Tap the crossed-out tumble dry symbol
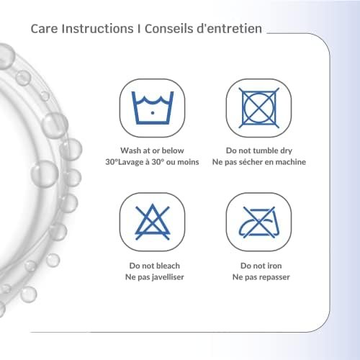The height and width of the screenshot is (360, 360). tap(258, 108)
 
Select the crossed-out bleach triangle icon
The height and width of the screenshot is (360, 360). tap(153, 222)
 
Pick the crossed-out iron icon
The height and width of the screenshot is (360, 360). tap(258, 222)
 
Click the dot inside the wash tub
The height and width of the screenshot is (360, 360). tap(153, 113)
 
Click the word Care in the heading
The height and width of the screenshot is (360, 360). tap(45, 29)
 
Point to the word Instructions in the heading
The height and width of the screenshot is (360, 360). tap(97, 29)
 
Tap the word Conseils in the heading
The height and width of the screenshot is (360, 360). tap(168, 29)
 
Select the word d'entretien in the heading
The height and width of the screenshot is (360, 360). tap(229, 29)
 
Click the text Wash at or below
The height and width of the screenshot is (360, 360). tap(152, 150)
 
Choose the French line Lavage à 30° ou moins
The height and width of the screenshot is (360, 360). tap(159, 162)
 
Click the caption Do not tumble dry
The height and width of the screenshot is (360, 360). tap(259, 150)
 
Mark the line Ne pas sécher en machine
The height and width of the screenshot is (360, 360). tap(259, 162)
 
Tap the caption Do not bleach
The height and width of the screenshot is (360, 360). tap(154, 266)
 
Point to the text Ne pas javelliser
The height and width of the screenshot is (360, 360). tap(155, 277)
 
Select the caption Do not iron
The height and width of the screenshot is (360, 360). tap(261, 266)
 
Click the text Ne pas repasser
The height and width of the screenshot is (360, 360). tap(261, 277)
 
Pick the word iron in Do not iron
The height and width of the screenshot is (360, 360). tap(274, 266)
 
